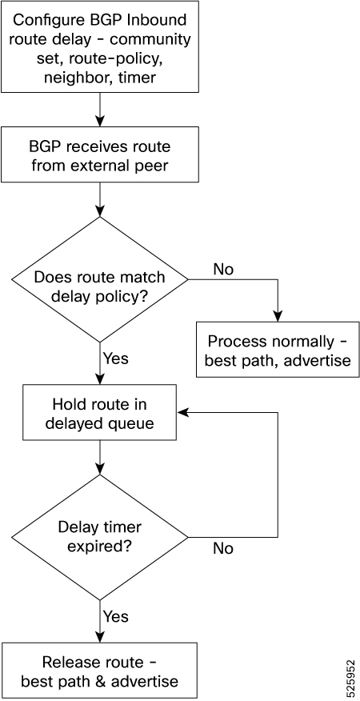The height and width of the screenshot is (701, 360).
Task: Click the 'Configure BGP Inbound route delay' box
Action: (x=99, y=46)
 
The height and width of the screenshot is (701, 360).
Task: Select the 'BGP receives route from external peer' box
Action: (x=99, y=154)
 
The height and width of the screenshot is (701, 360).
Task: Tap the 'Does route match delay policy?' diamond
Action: (x=99, y=279)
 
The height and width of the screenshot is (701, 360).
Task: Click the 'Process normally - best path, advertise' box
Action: (x=278, y=349)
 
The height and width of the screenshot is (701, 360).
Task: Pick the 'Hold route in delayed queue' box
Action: (x=99, y=413)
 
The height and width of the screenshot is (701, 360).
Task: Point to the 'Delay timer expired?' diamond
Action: (x=99, y=537)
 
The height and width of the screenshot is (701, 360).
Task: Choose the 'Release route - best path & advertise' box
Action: (x=99, y=670)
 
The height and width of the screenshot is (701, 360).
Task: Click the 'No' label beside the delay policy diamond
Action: (x=223, y=269)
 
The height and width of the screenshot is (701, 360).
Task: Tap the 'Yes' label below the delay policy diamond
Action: (x=116, y=358)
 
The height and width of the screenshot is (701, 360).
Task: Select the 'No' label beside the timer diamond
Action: (x=223, y=548)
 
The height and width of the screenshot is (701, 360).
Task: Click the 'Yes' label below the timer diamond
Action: (x=116, y=616)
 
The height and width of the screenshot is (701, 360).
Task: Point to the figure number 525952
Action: (x=351, y=670)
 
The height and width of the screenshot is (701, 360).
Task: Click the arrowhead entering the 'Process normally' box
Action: (x=278, y=316)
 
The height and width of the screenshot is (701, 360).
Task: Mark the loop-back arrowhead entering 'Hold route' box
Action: (x=183, y=413)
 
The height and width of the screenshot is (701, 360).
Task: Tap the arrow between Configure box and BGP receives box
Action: (x=99, y=110)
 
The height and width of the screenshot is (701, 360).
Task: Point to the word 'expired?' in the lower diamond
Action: (x=99, y=547)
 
